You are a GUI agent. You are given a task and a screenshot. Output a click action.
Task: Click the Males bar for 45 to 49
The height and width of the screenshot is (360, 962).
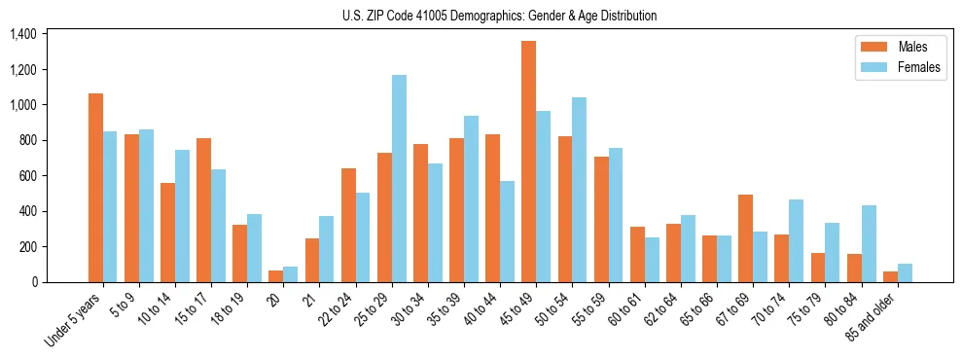[x=528, y=162]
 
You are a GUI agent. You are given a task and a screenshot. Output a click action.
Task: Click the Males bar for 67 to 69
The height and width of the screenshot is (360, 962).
[x=745, y=238]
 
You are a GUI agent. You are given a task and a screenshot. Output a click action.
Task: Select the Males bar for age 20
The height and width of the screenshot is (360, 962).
[x=276, y=276]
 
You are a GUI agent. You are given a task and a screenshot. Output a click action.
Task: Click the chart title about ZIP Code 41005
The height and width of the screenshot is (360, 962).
[x=499, y=16]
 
